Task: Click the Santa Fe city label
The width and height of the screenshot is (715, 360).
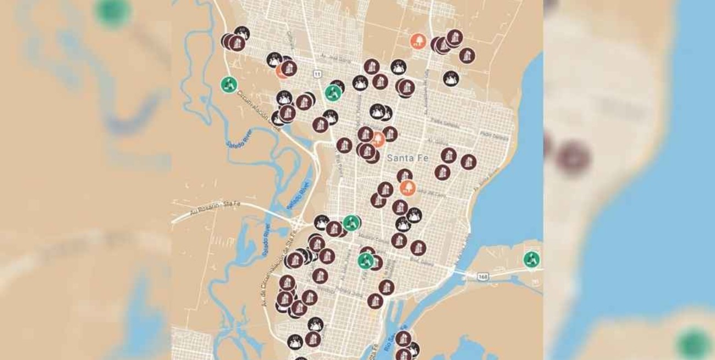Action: tap(406, 158)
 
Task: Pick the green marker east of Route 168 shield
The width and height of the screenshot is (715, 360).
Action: tap(531, 259)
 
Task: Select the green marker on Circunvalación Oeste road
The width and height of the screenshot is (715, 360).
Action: tap(229, 85)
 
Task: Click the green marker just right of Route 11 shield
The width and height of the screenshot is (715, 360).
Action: tap(333, 93)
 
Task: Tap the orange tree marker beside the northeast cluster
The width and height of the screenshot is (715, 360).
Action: tap(418, 41)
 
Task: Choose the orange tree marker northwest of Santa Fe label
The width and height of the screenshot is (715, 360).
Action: tap(378, 139)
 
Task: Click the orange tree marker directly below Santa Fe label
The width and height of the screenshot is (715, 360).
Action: tap(408, 188)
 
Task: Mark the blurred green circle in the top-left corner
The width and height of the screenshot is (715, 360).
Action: tap(112, 12)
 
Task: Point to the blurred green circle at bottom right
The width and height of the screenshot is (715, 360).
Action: tap(692, 344)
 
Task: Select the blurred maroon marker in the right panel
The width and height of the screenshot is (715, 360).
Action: tap(573, 159)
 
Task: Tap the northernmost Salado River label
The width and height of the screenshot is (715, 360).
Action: tap(239, 137)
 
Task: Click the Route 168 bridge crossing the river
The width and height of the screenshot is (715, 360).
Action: tap(461, 272)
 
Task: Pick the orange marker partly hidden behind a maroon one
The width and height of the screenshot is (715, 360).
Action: tap(282, 71)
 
